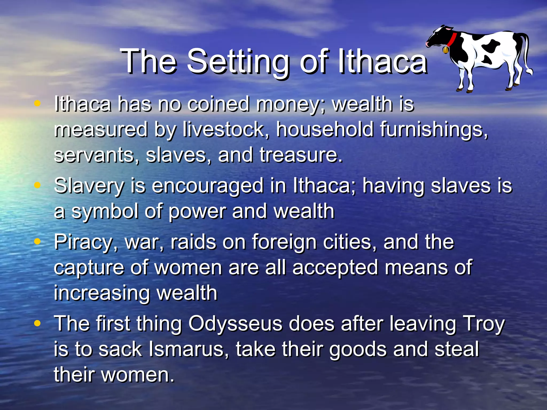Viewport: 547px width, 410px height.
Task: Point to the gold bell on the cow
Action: pos(446,50)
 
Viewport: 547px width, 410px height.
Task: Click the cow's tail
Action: pos(528,56)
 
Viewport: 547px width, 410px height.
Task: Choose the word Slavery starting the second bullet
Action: pos(89,186)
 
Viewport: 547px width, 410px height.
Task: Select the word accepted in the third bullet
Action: pos(335,267)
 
